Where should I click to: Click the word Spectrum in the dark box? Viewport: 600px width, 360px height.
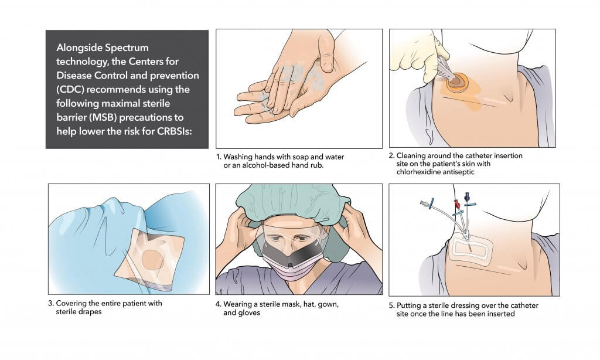click(x=127, y=48)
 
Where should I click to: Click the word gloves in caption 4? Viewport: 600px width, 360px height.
click(x=249, y=313)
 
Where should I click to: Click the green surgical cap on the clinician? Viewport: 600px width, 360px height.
click(x=293, y=202)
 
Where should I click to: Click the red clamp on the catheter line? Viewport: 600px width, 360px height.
click(x=457, y=203)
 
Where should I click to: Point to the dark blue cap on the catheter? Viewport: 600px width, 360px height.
click(x=467, y=196)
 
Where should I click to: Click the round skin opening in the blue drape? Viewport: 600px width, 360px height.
click(x=153, y=260)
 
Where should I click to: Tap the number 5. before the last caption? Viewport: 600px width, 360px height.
click(x=391, y=305)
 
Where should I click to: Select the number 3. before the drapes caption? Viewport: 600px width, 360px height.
click(x=51, y=303)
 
